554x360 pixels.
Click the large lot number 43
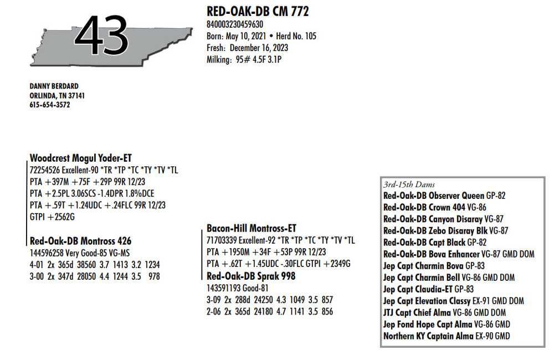coord(101,36)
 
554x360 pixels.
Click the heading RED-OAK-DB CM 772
coord(258,11)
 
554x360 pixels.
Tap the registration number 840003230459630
coord(234,24)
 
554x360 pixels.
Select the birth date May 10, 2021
coord(246,36)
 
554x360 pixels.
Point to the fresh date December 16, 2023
coord(259,48)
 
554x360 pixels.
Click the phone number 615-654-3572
coord(50,105)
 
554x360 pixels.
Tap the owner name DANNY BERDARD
coord(54,86)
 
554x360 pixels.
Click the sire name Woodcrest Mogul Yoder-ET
coord(80,158)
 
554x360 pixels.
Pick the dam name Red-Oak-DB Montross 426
coord(80,241)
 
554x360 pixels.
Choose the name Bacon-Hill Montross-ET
coord(252,228)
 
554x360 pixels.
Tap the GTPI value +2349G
coord(337,264)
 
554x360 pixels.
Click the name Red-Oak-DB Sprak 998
coord(251,276)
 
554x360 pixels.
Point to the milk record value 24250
coord(263,300)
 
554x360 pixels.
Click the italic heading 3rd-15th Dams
coord(409,184)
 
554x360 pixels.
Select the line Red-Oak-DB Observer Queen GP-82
coord(444,196)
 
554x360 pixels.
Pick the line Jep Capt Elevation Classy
coord(427,301)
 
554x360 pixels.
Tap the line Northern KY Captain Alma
coord(428,336)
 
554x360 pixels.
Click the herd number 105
coord(311,36)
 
